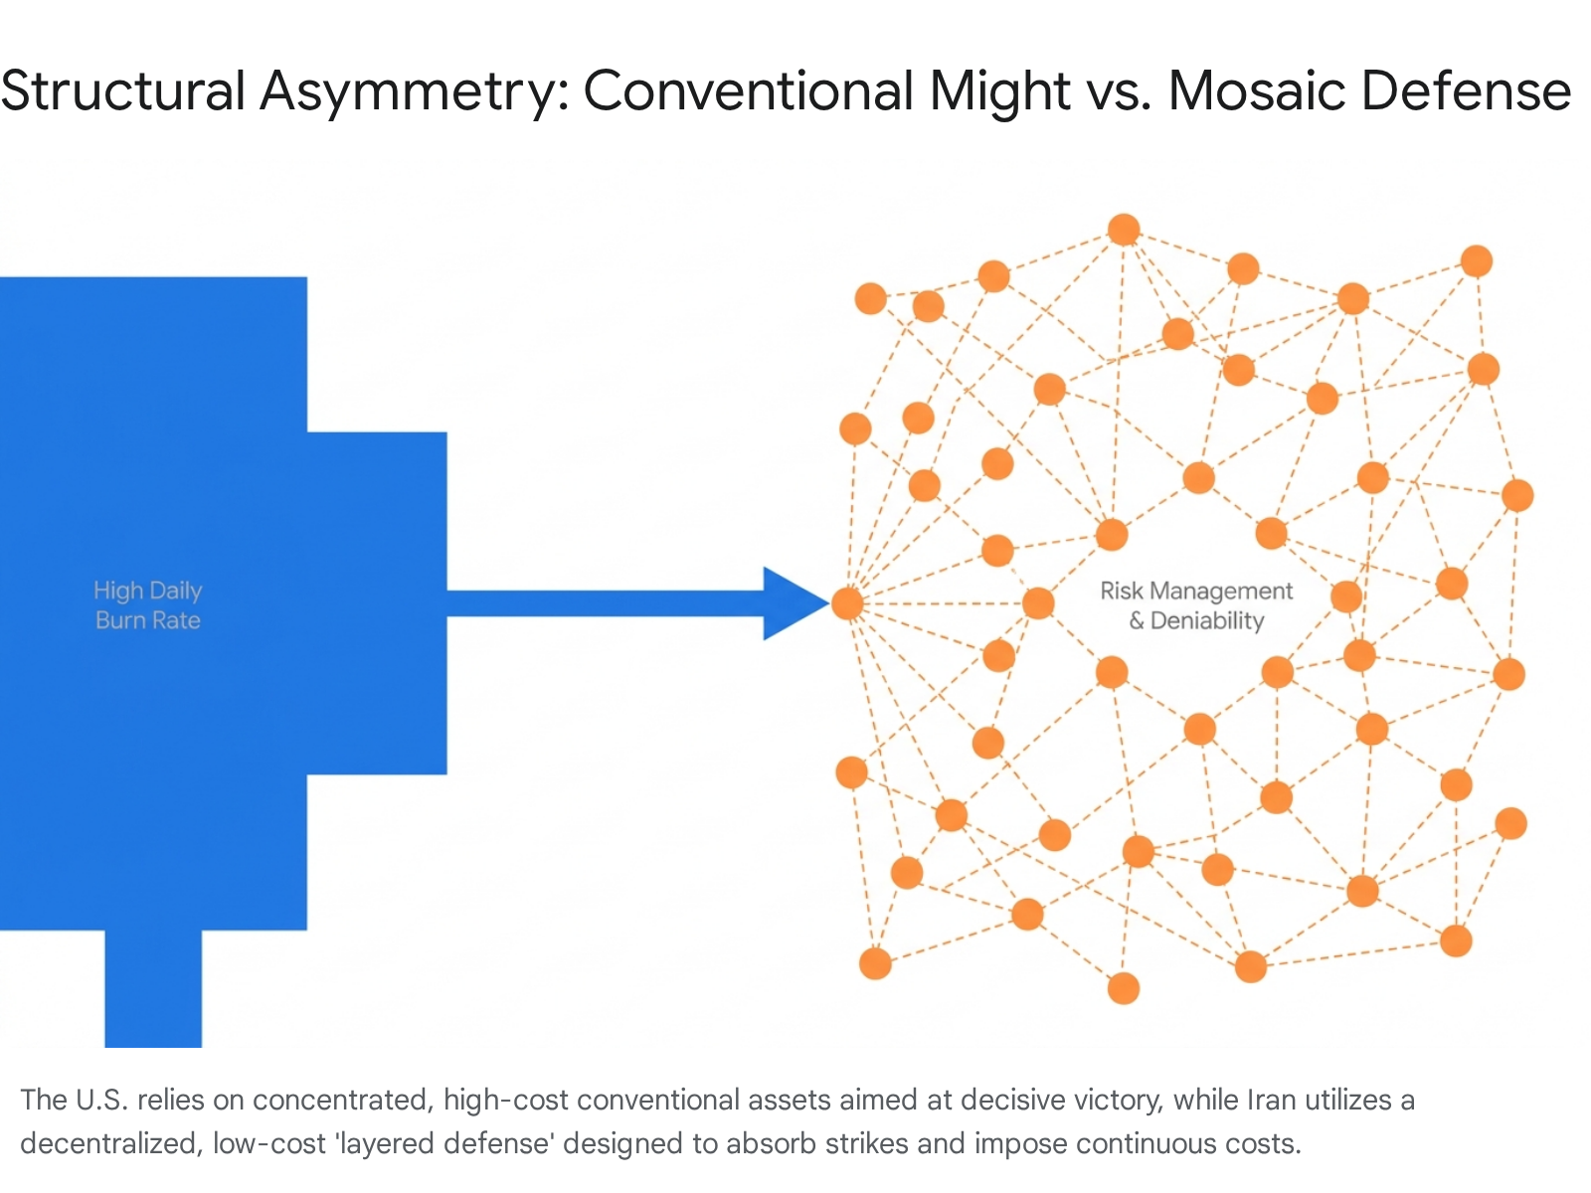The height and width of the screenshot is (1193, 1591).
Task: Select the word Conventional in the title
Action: click(748, 90)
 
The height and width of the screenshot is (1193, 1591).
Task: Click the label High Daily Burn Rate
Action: click(148, 605)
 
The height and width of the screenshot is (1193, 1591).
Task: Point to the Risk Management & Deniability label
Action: click(1196, 605)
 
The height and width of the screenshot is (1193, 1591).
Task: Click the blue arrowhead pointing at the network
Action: click(792, 603)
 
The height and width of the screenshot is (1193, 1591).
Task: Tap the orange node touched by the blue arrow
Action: click(848, 603)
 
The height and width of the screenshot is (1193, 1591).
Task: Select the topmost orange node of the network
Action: click(1124, 230)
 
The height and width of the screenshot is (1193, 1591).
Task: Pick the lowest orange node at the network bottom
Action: click(1124, 988)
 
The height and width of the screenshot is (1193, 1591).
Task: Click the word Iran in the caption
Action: click(1271, 1101)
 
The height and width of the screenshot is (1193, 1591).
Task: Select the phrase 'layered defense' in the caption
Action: click(444, 1144)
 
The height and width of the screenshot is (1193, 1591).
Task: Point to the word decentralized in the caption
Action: click(109, 1144)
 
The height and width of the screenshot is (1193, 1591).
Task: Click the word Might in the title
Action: click(999, 90)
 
